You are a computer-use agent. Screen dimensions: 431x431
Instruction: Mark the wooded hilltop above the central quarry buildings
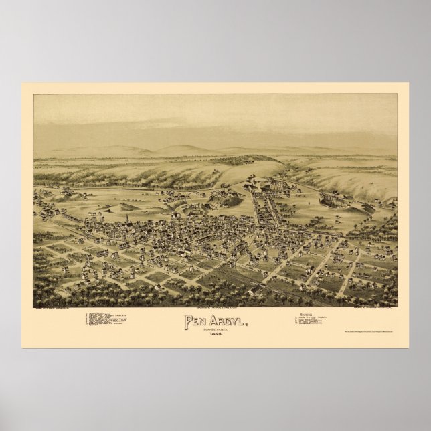[254, 161]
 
